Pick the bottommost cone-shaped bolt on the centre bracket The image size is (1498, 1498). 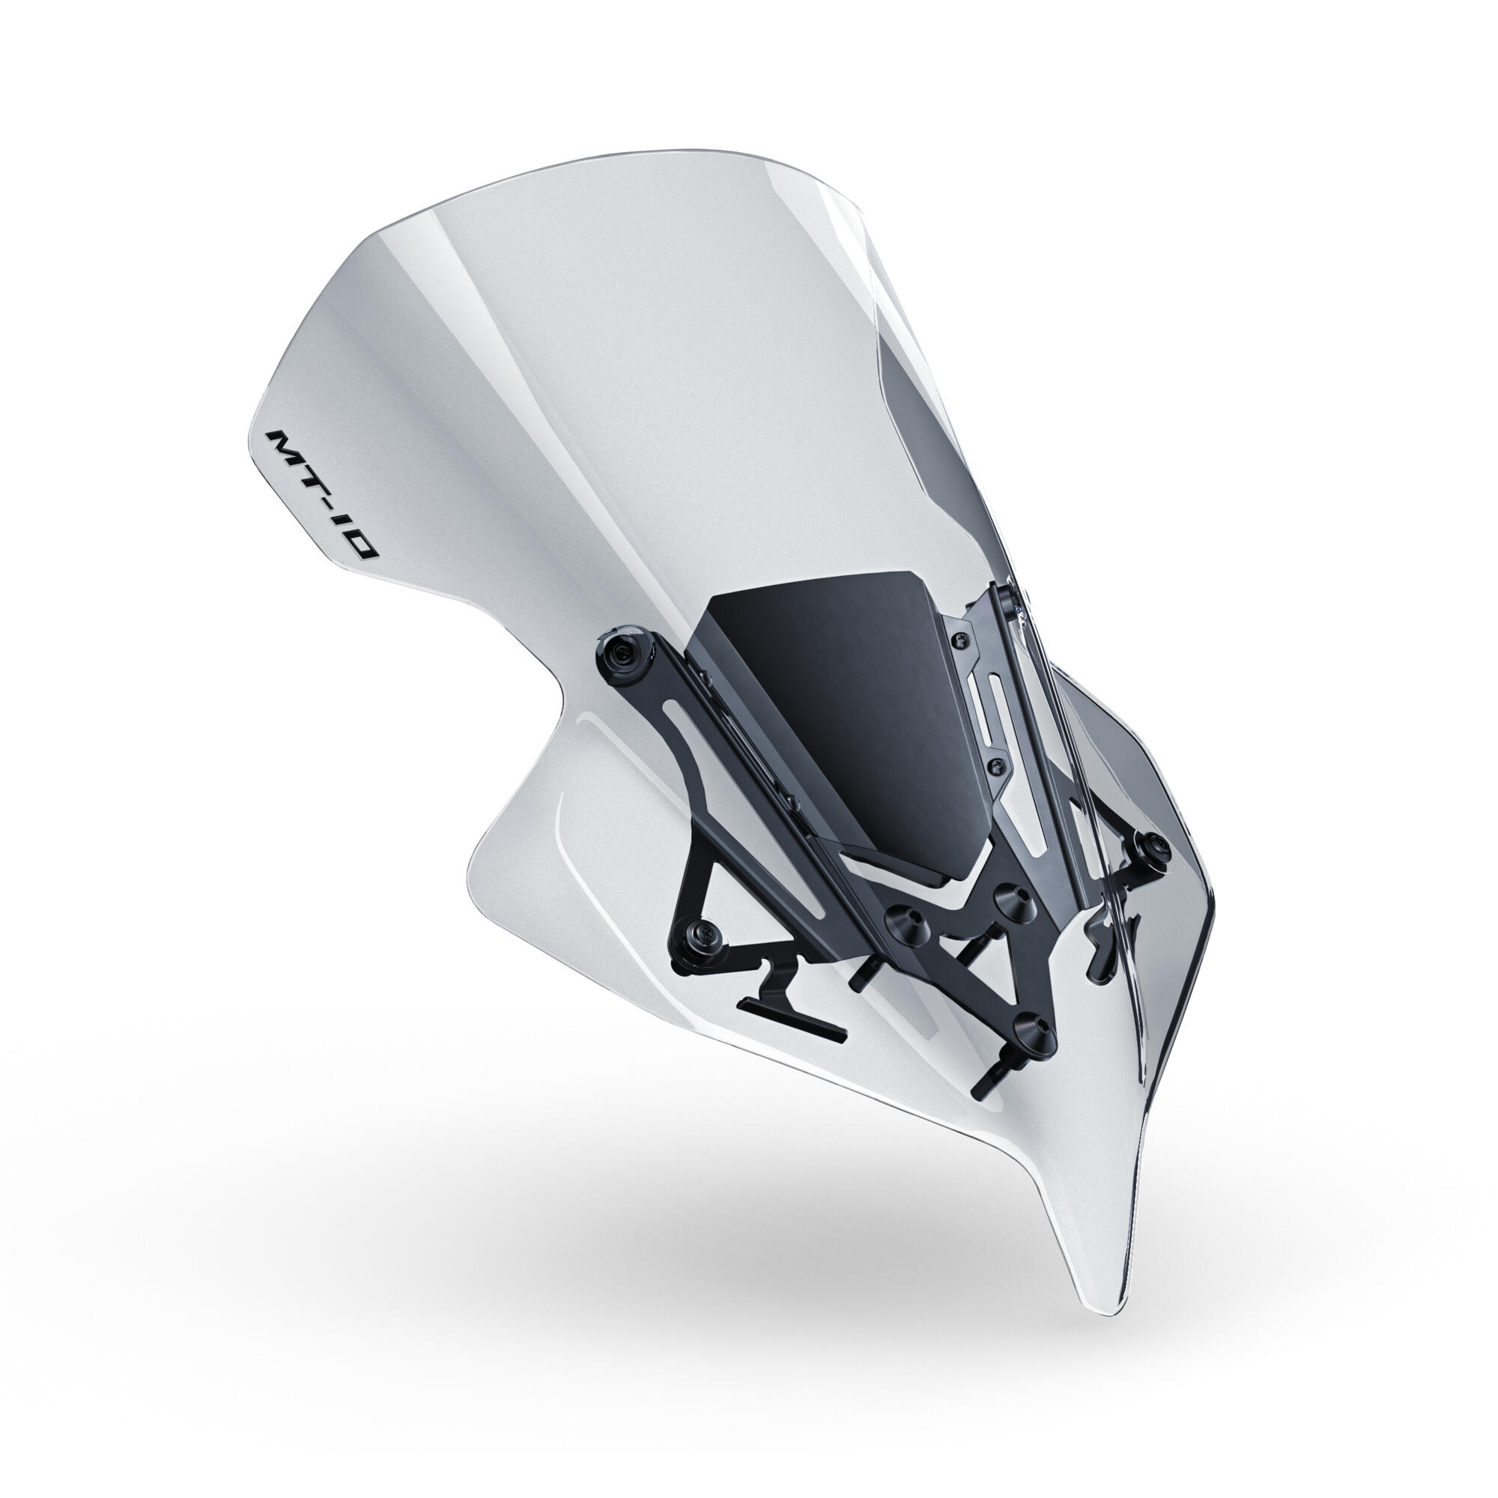point(1033,1031)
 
